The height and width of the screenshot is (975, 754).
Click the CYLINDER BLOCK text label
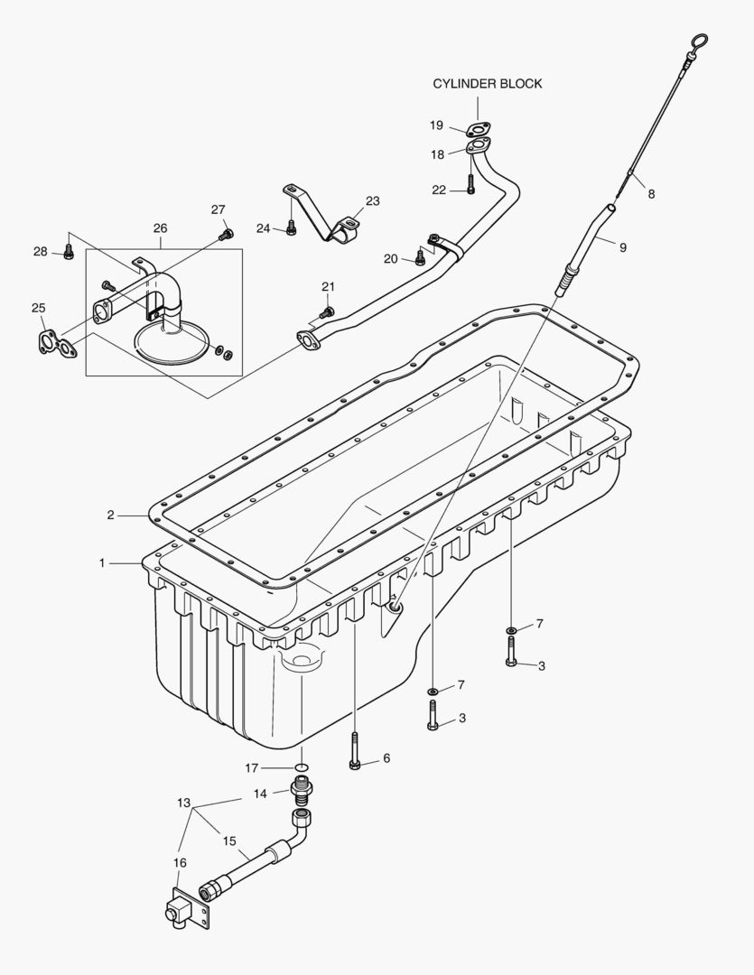click(x=487, y=84)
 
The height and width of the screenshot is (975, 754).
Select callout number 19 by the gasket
click(x=436, y=125)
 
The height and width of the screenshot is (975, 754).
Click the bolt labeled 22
click(x=471, y=188)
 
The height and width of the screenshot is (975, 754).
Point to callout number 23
click(x=372, y=200)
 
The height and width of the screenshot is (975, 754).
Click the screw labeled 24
click(x=291, y=229)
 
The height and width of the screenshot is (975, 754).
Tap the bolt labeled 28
click(x=69, y=253)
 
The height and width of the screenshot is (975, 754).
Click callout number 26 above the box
click(x=160, y=228)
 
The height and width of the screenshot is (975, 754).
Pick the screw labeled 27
click(x=225, y=235)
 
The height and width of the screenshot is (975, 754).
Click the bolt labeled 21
click(x=327, y=311)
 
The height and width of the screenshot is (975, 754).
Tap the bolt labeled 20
click(x=420, y=259)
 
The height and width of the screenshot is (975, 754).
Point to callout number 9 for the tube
click(x=621, y=246)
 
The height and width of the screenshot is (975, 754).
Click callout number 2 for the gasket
click(x=110, y=515)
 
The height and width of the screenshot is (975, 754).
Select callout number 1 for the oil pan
click(x=102, y=562)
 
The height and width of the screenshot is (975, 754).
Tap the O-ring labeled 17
click(x=302, y=768)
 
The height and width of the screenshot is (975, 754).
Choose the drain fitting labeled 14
click(x=302, y=792)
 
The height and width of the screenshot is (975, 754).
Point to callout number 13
click(x=184, y=802)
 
